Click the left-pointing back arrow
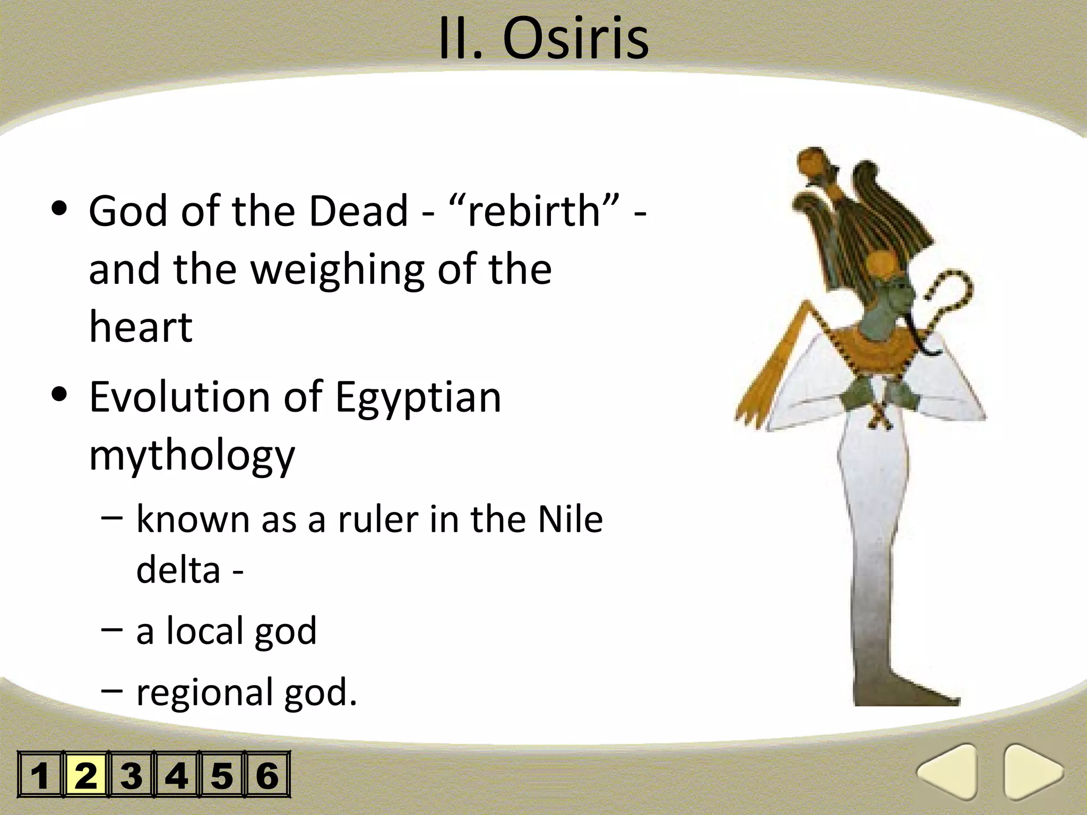tap(950, 772)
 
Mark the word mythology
tap(192, 455)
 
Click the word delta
tap(178, 570)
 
